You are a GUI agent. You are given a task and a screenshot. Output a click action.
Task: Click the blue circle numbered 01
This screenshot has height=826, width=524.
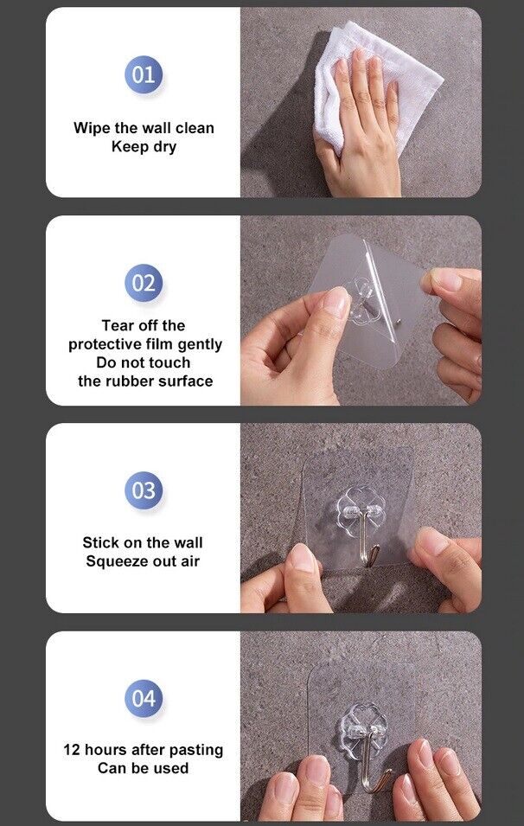point(144,74)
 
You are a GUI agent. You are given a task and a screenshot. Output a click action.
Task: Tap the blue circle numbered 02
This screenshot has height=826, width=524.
point(144,283)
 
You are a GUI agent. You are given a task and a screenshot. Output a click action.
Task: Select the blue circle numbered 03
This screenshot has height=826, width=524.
point(144,490)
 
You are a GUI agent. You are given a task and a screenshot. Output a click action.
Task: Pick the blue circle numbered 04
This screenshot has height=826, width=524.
point(144,699)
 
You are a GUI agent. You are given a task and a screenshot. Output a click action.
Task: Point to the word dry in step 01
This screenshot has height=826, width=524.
point(165,147)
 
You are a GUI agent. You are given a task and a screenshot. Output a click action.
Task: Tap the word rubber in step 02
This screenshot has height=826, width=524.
point(130,381)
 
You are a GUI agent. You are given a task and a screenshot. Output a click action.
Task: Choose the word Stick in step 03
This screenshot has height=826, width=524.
point(98,542)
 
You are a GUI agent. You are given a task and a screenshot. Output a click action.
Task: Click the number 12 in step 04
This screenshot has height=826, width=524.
point(71,750)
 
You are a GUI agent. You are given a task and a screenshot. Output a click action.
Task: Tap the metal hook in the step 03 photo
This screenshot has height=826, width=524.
point(368,540)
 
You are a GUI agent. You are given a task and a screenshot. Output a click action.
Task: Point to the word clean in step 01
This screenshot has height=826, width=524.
point(195,128)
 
